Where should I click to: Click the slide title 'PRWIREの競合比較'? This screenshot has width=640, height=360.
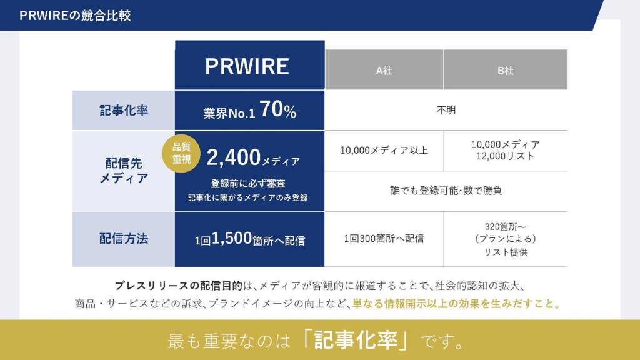coord(75,16)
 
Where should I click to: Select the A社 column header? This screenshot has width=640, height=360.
coord(384,70)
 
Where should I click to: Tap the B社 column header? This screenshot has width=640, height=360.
coord(506,70)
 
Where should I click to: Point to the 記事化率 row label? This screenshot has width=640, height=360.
coord(124,110)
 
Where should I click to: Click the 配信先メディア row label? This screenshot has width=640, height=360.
coord(124,171)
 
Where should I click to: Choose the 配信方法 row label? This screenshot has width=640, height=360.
coord(124,239)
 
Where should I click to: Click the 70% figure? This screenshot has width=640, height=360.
coord(278,109)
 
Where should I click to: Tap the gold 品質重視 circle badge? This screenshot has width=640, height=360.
coord(181,154)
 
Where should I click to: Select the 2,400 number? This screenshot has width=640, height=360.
coord(234,157)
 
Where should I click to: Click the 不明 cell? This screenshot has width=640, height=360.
coord(446,110)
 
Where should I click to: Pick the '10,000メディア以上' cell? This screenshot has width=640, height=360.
coord(384,150)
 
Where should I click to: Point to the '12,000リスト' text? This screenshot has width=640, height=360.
coord(505,156)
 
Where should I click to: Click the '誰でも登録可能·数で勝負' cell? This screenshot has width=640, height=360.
coord(446,191)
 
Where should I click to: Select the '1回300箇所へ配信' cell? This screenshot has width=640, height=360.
coord(384,239)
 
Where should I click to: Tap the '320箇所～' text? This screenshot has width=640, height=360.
coord(505,226)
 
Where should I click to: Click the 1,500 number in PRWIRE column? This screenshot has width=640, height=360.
coord(232,238)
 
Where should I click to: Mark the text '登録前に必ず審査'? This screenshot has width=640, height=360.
coord(248,184)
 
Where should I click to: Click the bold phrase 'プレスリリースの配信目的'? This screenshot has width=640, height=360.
coord(178,286)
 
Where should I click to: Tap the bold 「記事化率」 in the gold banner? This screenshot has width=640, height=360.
coord(356,341)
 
